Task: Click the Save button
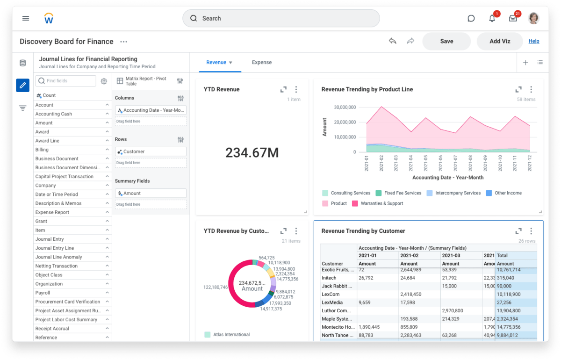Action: (x=446, y=41)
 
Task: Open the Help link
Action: (x=534, y=41)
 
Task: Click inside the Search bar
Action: (x=280, y=18)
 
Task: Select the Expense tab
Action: (x=261, y=62)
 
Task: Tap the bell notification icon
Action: (x=492, y=18)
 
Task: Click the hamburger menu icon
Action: (x=26, y=18)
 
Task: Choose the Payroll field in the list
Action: (x=43, y=293)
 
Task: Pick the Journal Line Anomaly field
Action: (x=58, y=257)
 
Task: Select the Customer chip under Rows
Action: (x=151, y=151)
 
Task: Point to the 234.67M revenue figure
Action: (x=252, y=152)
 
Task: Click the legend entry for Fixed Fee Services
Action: (x=402, y=193)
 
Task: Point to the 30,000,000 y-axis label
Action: (x=345, y=107)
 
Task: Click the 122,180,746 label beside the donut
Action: (x=216, y=287)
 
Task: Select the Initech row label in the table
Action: (x=329, y=278)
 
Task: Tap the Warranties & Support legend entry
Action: (x=381, y=203)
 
